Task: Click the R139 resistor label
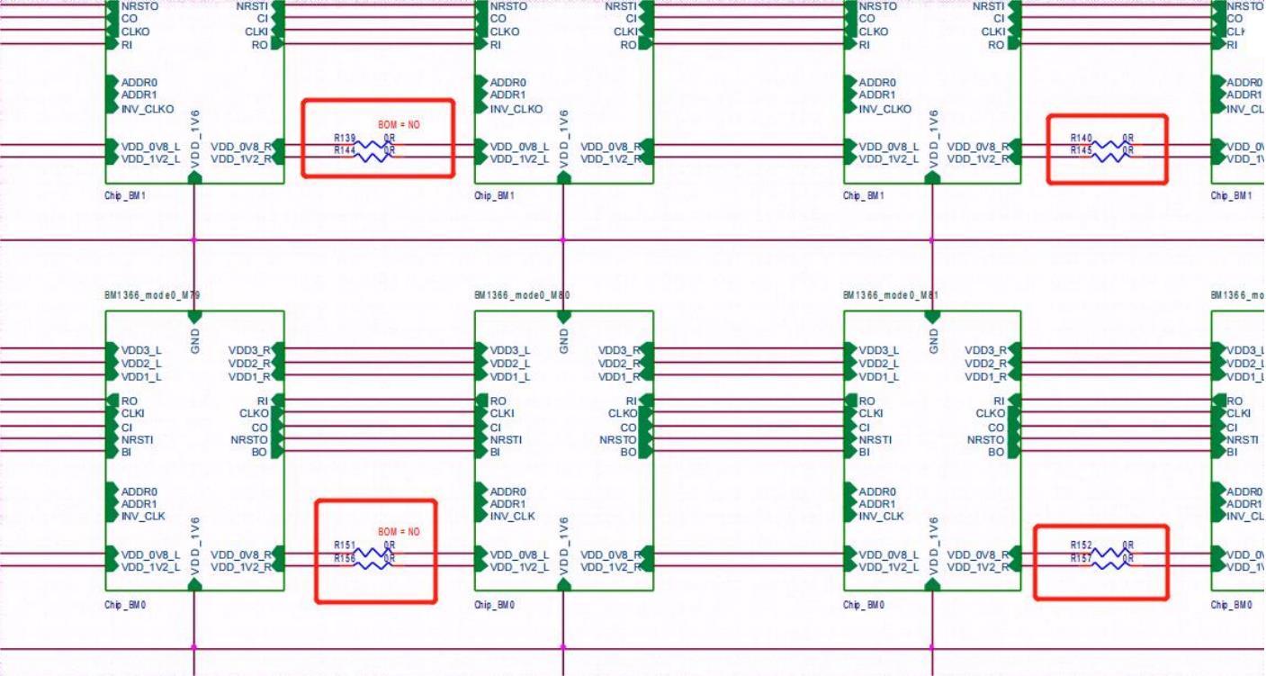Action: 345,138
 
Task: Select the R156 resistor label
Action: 345,558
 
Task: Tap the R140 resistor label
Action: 1081,138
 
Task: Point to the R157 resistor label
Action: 1081,558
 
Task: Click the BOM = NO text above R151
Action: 399,532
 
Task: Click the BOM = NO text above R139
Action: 399,125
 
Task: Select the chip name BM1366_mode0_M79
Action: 152,295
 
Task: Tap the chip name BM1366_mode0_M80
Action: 522,295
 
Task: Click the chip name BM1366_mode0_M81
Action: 891,295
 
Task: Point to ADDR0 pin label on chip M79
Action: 139,491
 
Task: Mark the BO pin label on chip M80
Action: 628,452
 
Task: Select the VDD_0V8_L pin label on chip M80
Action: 519,554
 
